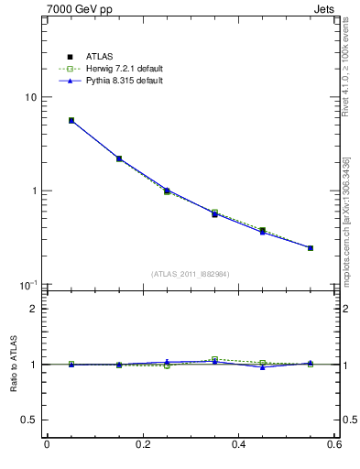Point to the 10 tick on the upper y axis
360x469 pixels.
(30, 97)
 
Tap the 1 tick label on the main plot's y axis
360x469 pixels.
(33, 191)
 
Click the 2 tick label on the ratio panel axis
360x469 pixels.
(33, 309)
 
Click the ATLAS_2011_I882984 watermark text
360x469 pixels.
(190, 274)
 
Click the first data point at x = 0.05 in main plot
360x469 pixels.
(71, 120)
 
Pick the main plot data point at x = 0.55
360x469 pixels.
(311, 247)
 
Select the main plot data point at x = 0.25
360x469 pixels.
(167, 191)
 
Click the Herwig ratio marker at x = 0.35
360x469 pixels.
(214, 359)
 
